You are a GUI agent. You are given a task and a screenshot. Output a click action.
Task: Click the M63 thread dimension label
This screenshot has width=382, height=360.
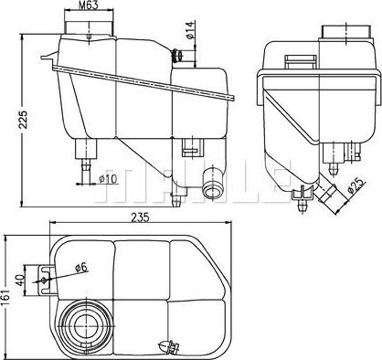[x=88, y=7]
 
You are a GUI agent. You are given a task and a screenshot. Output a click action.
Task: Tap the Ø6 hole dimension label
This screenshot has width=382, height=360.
[x=80, y=268]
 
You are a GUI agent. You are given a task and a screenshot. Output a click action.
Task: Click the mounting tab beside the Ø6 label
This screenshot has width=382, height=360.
[x=47, y=275]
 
